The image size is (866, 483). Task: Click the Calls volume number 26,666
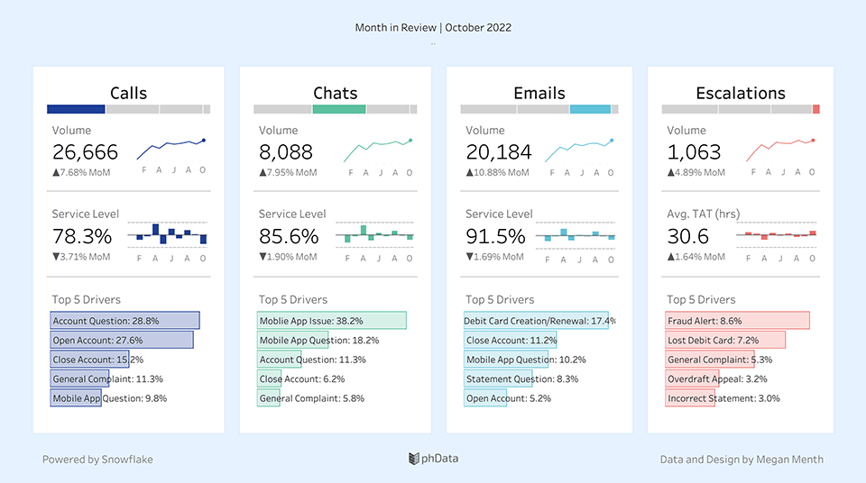pos(85,152)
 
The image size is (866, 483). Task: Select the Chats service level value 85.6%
pos(289,236)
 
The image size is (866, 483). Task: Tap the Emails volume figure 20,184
pos(498,152)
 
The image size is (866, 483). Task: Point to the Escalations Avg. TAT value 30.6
pos(687,236)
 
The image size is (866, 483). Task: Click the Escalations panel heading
pos(740,93)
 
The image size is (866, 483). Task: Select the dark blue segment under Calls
pos(76,109)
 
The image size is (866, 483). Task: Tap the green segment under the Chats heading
pos(338,109)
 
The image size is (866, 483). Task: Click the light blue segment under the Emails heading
pos(590,109)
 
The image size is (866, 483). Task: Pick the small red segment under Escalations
pos(815,109)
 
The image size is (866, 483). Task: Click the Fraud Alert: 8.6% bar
pos(737,321)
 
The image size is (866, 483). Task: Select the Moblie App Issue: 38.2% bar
pos(332,321)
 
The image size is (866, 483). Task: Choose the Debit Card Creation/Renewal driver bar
pos(536,321)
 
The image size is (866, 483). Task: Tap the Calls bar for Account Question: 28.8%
pos(124,321)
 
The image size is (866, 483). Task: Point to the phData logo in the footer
pos(433,459)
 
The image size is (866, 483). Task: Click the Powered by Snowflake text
pos(97,460)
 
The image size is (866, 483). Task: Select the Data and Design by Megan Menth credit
pos(742,460)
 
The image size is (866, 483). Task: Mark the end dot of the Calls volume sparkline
pos(204,140)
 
